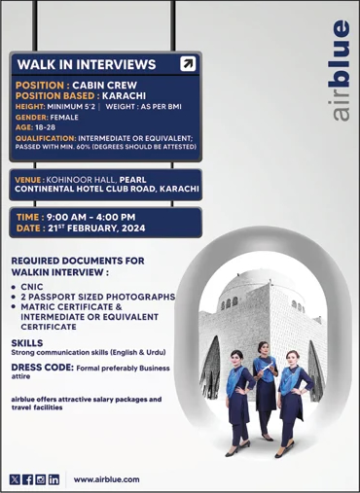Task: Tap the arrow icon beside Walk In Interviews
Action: [x=188, y=64]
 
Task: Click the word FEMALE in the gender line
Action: [x=64, y=117]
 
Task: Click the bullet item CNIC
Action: [x=32, y=287]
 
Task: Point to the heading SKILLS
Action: [x=26, y=343]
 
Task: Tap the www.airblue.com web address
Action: [x=107, y=479]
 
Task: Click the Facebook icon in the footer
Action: [x=27, y=479]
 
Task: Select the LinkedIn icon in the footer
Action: [x=54, y=479]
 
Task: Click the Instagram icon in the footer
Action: [x=40, y=479]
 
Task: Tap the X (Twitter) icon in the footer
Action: [x=15, y=479]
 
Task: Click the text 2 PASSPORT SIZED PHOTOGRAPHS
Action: [x=97, y=296]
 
